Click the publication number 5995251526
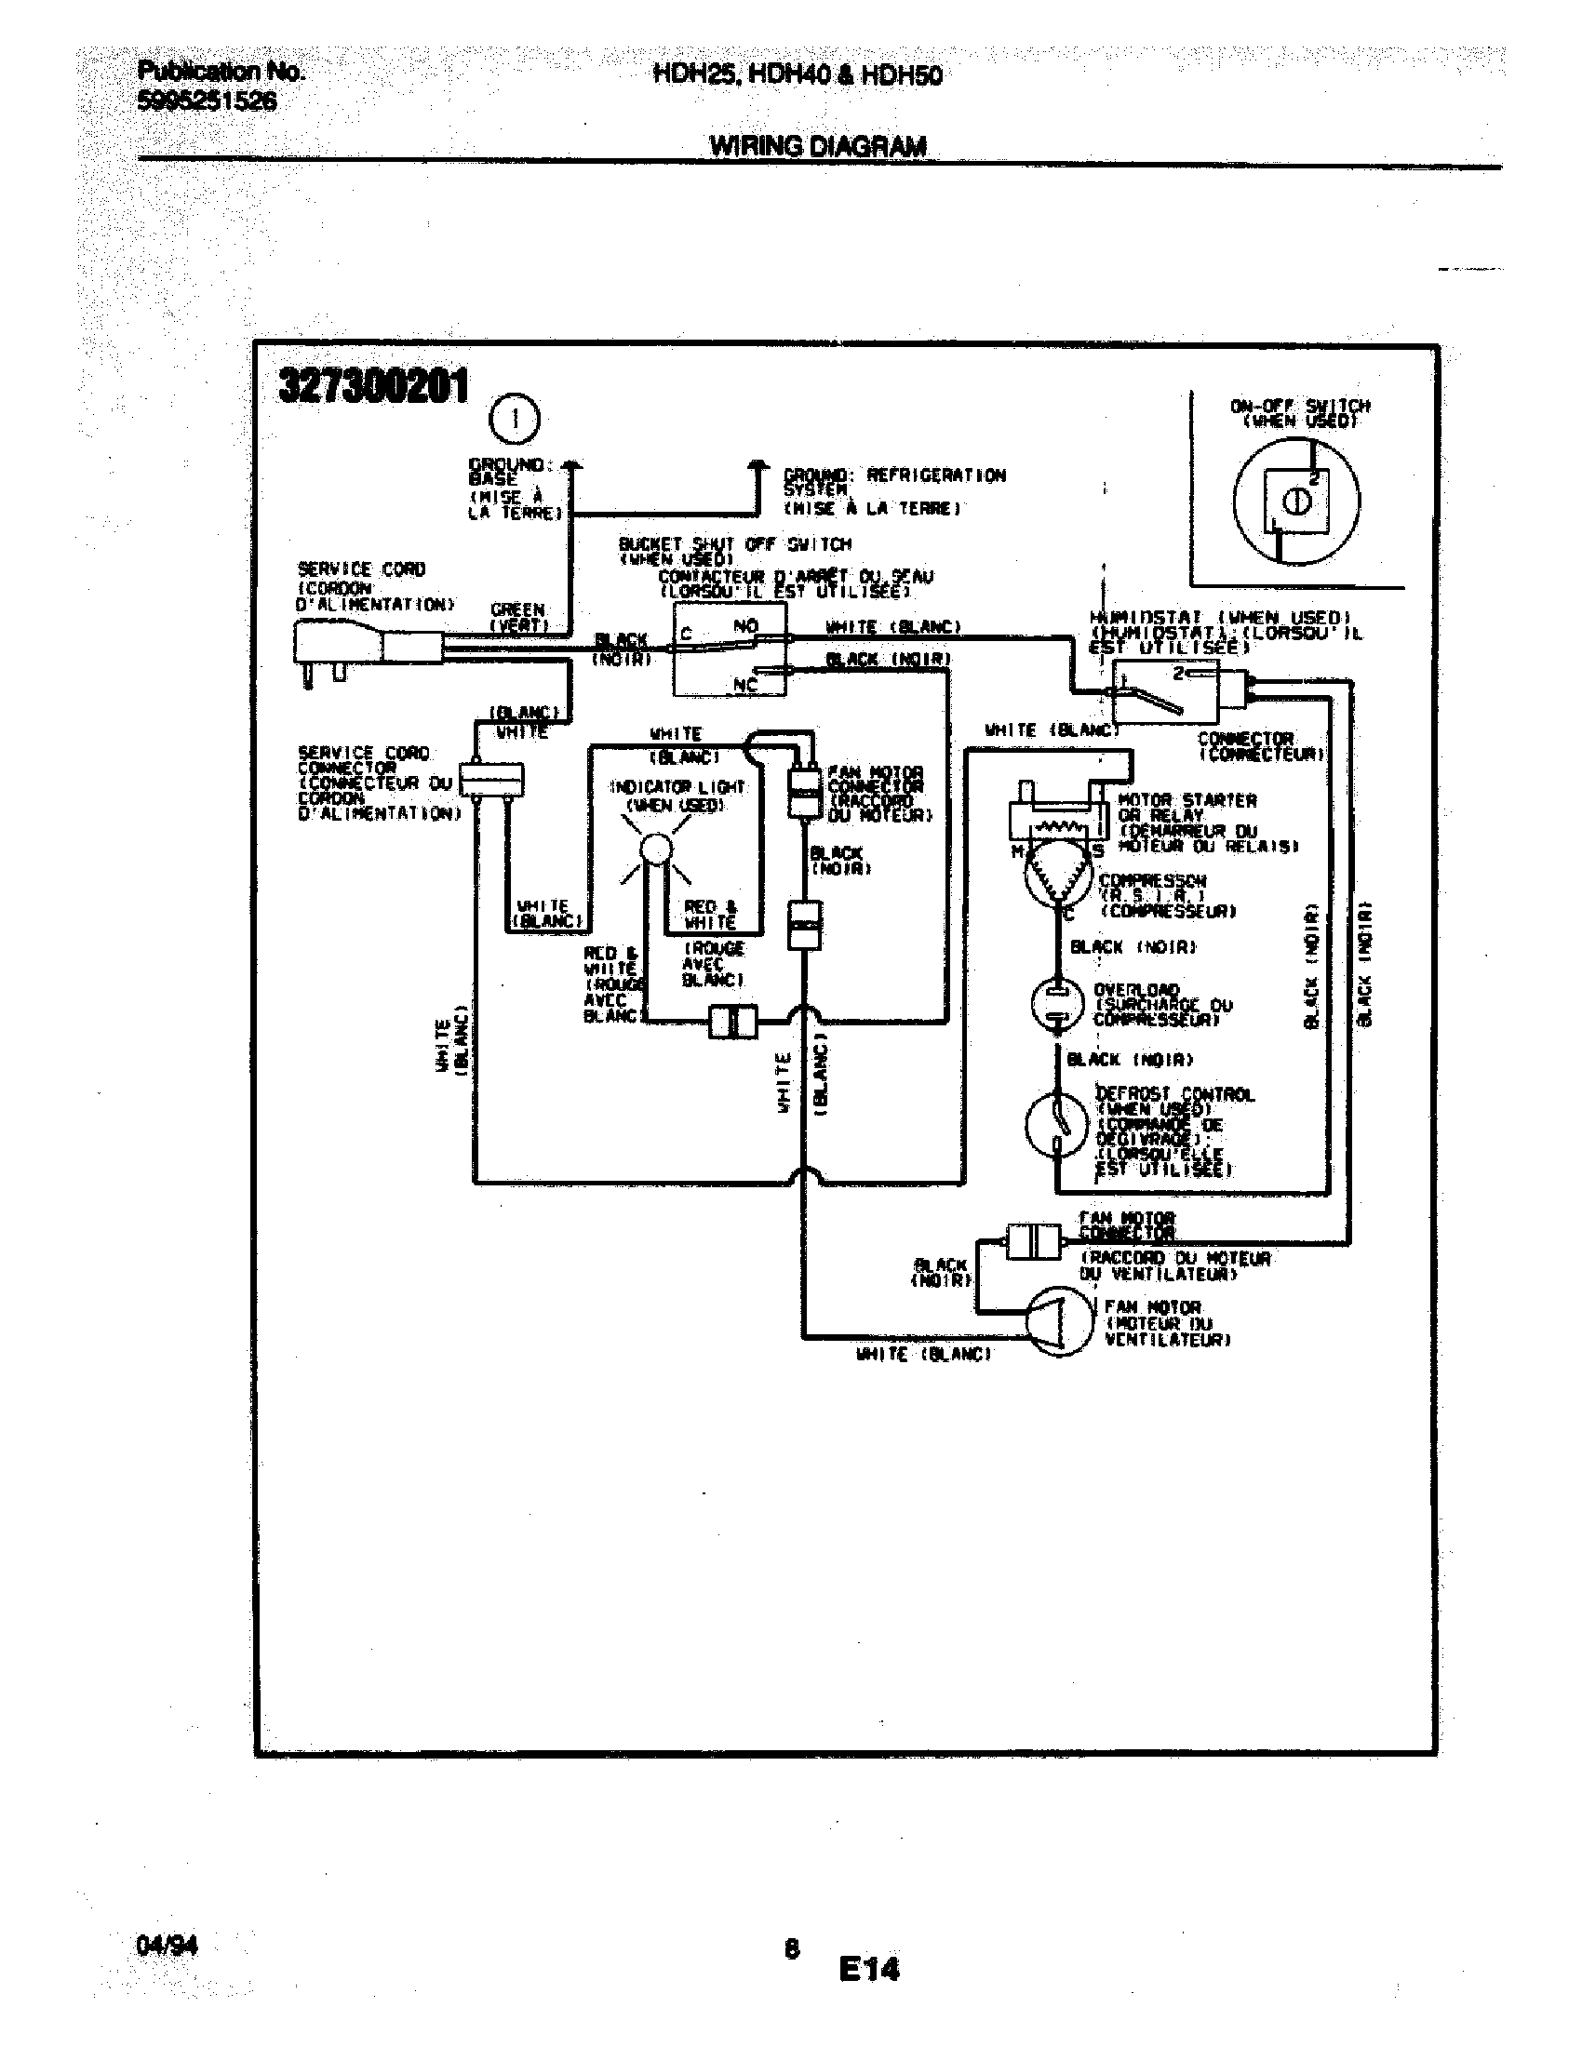pyautogui.click(x=207, y=101)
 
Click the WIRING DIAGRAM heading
pyautogui.click(x=817, y=146)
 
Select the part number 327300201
pyautogui.click(x=373, y=385)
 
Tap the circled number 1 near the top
pyautogui.click(x=514, y=419)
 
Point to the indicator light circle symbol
pyautogui.click(x=656, y=850)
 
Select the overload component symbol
pyautogui.click(x=1057, y=1004)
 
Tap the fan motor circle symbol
pyautogui.click(x=1057, y=1320)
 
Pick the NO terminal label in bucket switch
pyautogui.click(x=745, y=625)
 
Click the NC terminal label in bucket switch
pyautogui.click(x=745, y=685)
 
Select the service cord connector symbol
pyautogui.click(x=491, y=780)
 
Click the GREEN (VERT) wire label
pyautogui.click(x=518, y=617)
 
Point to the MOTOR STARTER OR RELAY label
pyautogui.click(x=1186, y=807)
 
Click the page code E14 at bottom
pyautogui.click(x=868, y=1968)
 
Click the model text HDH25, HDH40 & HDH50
pyautogui.click(x=797, y=75)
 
